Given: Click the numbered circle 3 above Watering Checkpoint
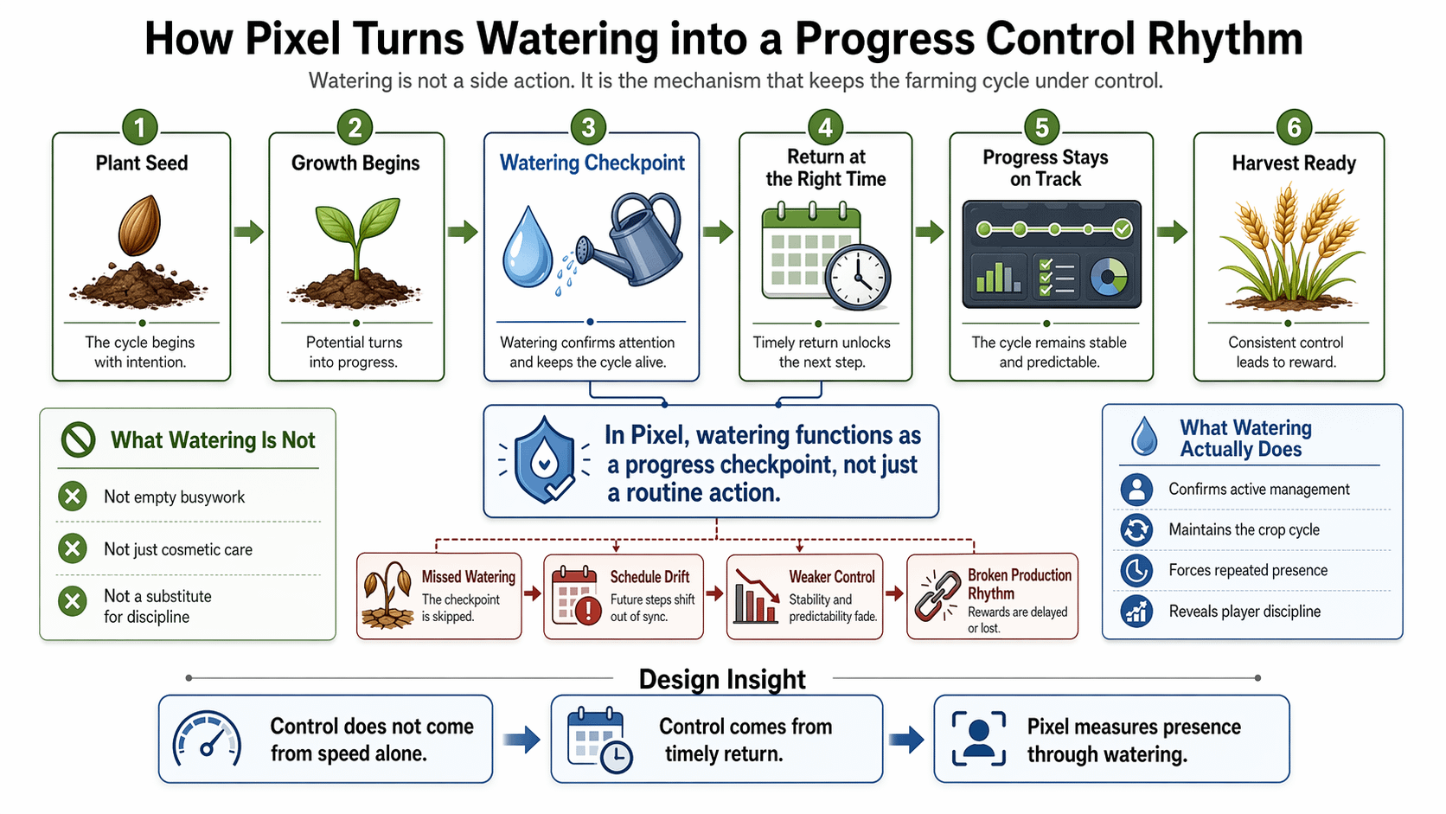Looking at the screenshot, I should [x=588, y=128].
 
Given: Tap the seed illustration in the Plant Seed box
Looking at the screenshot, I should [x=139, y=225].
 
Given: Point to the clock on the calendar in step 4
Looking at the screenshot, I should [x=857, y=277].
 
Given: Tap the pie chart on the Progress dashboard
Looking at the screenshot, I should [x=1109, y=277].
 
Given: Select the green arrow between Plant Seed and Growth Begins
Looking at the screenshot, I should [x=248, y=231].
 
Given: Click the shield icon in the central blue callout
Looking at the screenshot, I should [x=544, y=461].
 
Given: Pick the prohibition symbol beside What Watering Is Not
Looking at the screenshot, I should [x=78, y=439].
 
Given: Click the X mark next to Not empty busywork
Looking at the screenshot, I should [x=73, y=497].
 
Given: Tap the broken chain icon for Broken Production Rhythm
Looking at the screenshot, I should [x=937, y=594].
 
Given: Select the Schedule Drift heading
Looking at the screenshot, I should [x=649, y=577].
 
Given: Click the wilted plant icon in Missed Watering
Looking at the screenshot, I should [x=387, y=595].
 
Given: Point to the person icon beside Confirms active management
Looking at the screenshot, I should [x=1136, y=490].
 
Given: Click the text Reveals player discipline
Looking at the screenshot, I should [x=1244, y=612].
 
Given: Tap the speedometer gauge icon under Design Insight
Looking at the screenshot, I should [x=208, y=740].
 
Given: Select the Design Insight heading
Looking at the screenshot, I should [x=722, y=680].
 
